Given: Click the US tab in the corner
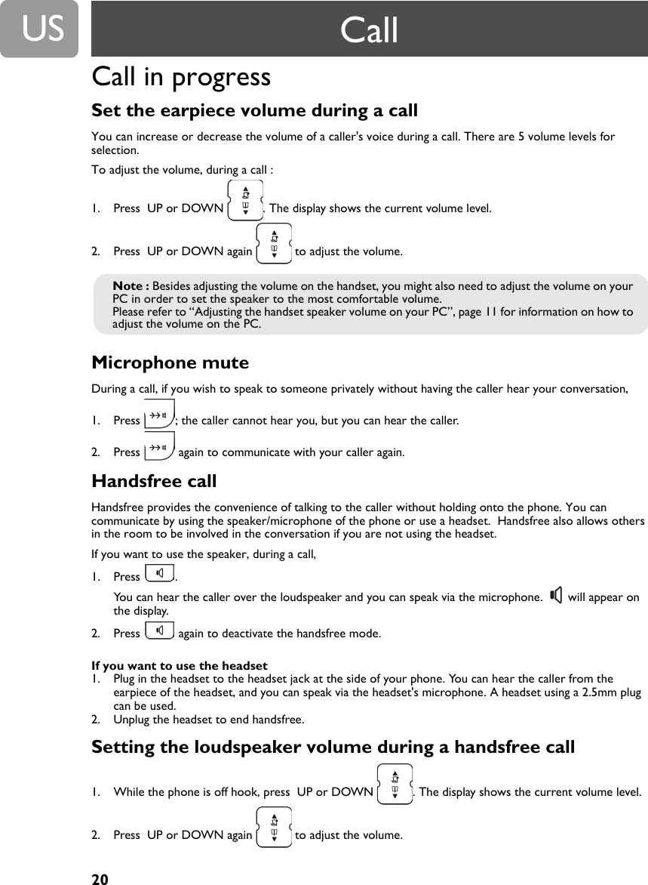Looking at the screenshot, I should tap(39, 29).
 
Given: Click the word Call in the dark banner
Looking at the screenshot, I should tap(369, 30).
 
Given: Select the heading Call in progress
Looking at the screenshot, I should tap(181, 77).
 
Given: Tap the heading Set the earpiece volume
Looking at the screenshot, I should tap(254, 111).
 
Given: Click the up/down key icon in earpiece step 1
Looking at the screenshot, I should tap(244, 200).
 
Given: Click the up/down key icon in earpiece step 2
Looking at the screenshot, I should tap(274, 243).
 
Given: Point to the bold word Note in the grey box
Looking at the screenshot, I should tap(129, 286).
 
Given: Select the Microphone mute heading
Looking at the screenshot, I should tap(170, 363).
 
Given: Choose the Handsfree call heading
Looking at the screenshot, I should tap(154, 481).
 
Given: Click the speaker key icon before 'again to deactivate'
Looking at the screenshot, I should tap(158, 630).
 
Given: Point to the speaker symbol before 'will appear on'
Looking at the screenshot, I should tap(556, 597).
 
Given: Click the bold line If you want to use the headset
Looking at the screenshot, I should tap(180, 665).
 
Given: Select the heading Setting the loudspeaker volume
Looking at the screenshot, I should tap(333, 748).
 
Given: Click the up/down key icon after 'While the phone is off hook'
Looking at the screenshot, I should tap(395, 784).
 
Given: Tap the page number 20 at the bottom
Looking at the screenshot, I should tap(100, 879).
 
